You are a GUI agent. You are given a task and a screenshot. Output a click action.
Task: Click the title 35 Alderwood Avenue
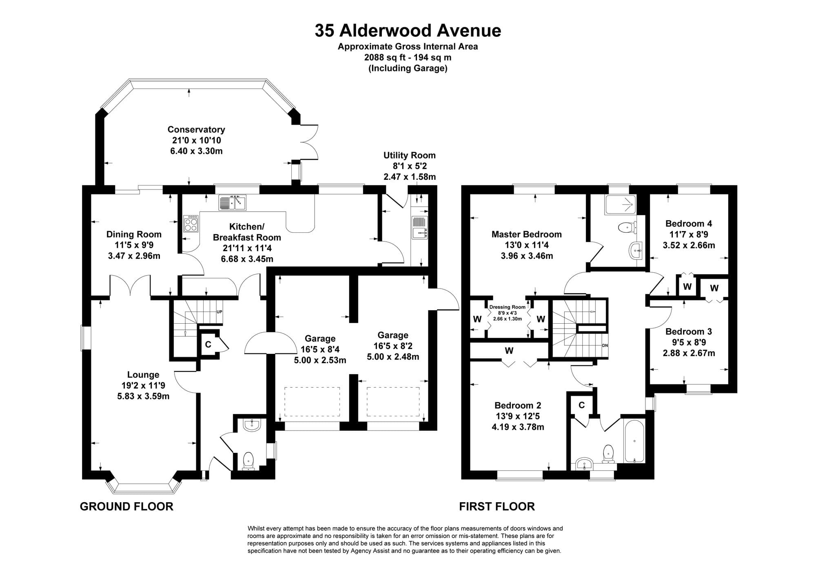(408, 31)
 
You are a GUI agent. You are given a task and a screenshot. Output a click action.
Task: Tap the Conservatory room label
(196, 130)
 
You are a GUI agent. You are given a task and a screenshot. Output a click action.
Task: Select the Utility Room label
(409, 155)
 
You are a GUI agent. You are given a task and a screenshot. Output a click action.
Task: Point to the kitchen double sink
(232, 203)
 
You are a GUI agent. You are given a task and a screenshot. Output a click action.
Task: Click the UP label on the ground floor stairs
(219, 312)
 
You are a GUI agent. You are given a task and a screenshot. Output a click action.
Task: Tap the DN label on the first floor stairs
(605, 346)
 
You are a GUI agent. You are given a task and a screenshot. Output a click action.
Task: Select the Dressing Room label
(507, 307)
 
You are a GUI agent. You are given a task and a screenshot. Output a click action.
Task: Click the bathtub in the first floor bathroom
(634, 441)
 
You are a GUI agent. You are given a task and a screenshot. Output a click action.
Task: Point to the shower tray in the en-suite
(620, 204)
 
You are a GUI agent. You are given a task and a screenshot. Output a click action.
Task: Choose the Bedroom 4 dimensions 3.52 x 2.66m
(689, 245)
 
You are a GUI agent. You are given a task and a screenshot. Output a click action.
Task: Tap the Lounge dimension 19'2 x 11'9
(143, 385)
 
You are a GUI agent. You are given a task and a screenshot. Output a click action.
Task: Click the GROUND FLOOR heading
(126, 506)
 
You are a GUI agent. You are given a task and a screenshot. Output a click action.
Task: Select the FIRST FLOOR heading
(497, 506)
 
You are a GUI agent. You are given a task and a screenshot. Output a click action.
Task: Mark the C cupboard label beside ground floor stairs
(208, 344)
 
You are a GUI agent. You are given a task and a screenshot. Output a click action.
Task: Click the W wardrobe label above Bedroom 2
(509, 351)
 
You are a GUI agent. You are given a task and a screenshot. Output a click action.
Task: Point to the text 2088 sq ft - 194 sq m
(408, 57)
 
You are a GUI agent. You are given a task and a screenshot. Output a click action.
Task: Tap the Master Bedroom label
(526, 234)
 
